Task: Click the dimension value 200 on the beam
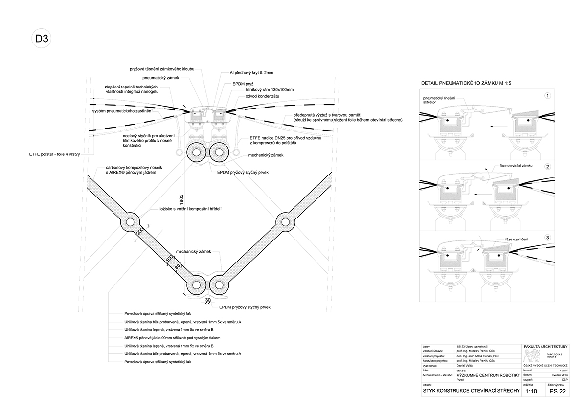point(141,233)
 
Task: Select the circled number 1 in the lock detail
point(548,96)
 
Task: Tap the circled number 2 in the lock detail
point(548,167)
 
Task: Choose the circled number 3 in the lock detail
point(548,238)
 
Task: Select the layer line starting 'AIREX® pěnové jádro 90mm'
point(169,338)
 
